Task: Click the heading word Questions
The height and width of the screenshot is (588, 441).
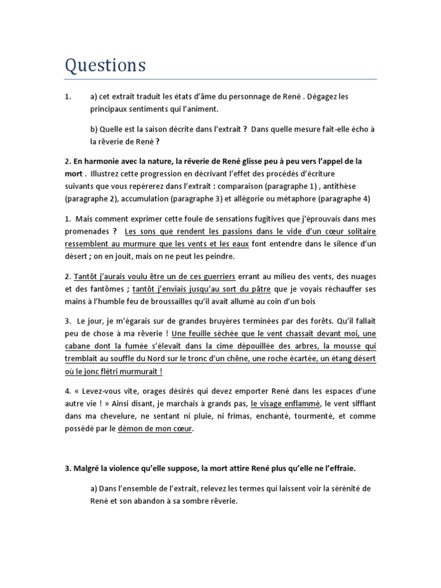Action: pos(105,65)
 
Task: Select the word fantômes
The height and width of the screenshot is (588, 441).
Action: pos(100,288)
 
